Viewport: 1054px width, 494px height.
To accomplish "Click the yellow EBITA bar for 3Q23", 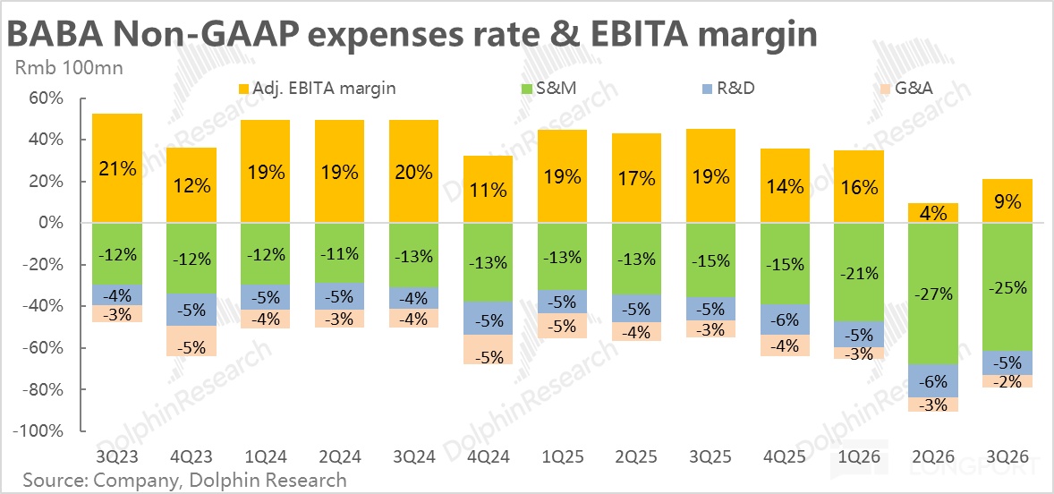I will tap(117, 168).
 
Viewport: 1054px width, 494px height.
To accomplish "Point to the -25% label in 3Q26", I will tap(1007, 287).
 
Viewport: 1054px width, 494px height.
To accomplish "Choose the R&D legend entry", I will tap(725, 88).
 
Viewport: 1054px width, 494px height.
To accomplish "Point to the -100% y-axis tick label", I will tap(38, 431).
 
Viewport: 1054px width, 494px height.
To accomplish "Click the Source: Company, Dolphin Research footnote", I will tap(184, 481).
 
